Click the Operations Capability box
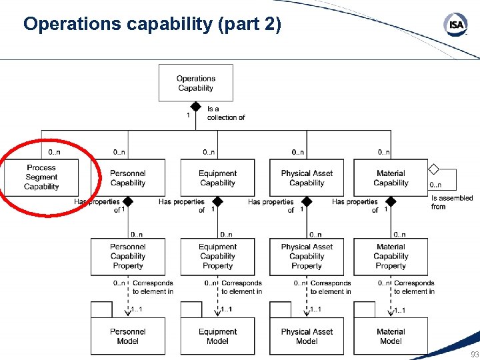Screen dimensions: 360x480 click(195, 83)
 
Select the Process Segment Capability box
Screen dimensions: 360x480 click(41, 177)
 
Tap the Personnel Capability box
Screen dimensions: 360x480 click(127, 178)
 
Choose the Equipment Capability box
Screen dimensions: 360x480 click(217, 178)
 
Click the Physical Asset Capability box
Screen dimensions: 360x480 click(307, 178)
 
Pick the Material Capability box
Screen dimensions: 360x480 click(391, 178)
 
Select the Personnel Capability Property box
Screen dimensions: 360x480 click(127, 257)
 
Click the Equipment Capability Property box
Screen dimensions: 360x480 click(217, 257)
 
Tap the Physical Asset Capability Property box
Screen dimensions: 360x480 click(307, 257)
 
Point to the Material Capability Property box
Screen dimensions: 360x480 click(391, 257)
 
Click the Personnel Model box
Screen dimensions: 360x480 click(127, 336)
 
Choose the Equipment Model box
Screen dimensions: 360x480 click(217, 336)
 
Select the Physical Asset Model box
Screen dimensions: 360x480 click(307, 336)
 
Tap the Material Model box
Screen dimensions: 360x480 click(391, 336)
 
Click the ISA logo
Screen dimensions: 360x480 click(455, 25)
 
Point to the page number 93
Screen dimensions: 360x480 click(474, 354)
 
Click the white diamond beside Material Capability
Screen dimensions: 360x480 click(434, 169)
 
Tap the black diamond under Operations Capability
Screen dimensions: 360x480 click(196, 106)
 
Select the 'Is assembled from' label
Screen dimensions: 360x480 click(451, 202)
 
